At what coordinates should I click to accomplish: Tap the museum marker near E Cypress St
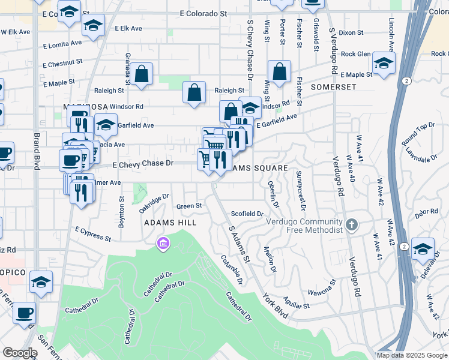(x=163, y=244)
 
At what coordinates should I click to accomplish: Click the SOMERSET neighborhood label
(x=333, y=87)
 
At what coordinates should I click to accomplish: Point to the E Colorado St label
(x=204, y=13)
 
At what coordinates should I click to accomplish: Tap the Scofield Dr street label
(x=247, y=214)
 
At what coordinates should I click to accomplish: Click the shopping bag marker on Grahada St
(x=142, y=74)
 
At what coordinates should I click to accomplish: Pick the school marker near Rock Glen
(x=384, y=62)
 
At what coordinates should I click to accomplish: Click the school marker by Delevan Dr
(x=423, y=248)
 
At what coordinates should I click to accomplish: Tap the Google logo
(x=20, y=352)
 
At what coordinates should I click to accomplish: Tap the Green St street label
(x=189, y=206)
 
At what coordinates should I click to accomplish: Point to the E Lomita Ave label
(x=62, y=44)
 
